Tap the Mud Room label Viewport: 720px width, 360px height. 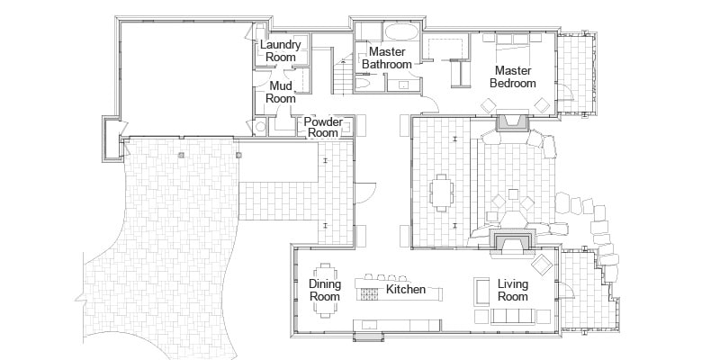(x=282, y=92)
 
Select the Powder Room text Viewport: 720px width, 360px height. (x=322, y=127)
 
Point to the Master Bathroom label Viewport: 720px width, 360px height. (x=386, y=58)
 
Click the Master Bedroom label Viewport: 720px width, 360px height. (x=511, y=76)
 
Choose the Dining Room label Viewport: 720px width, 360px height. (x=325, y=290)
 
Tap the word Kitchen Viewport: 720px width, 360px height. (x=405, y=290)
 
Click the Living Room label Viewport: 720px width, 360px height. (x=513, y=290)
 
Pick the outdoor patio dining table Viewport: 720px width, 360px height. (x=441, y=190)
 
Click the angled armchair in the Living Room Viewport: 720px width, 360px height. (x=542, y=265)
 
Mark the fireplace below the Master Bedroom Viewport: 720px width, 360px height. (x=514, y=123)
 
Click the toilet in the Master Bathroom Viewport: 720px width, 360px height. (x=362, y=84)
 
